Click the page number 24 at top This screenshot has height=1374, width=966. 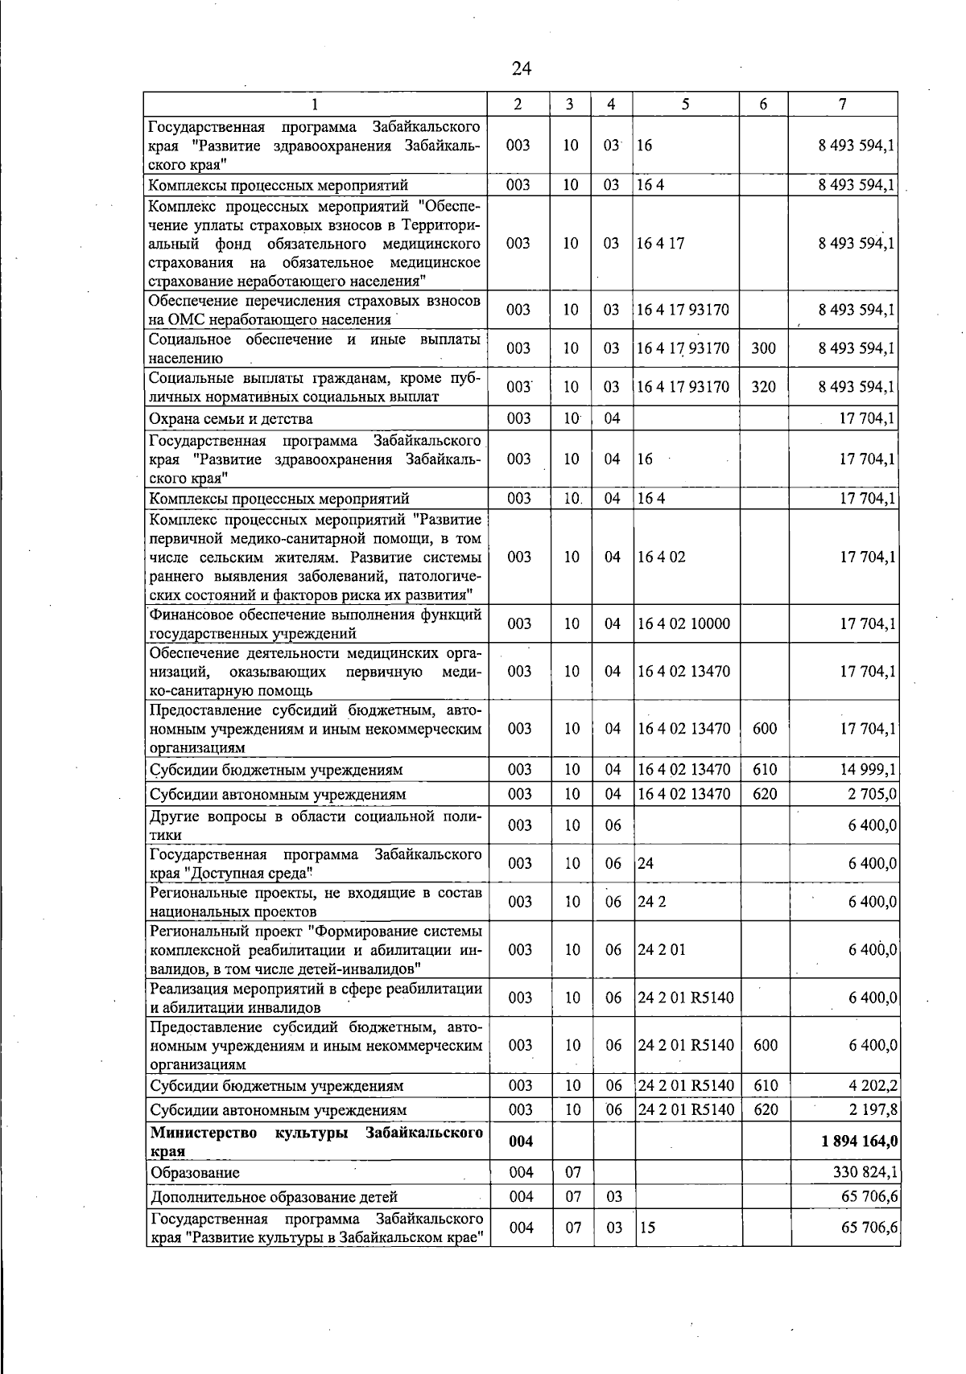pos(522,69)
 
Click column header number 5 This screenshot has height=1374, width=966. pos(685,105)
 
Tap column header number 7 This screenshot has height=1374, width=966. pos(842,105)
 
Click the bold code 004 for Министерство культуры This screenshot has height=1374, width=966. pos(521,1142)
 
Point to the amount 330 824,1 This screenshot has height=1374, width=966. pos(865,1173)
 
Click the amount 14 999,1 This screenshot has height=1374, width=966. pos(869,770)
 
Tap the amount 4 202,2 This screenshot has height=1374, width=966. pos(873,1086)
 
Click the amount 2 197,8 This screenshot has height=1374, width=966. pos(873,1110)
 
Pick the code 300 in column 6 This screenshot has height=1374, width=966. pos(763,348)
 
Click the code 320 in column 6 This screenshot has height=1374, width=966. pos(763,387)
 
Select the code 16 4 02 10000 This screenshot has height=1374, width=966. pos(683,623)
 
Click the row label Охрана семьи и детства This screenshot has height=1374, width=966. pos(232,418)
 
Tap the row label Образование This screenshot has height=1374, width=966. pos(195,1173)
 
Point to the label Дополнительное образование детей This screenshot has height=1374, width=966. pos(274,1197)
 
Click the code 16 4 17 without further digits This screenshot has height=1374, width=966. pos(660,244)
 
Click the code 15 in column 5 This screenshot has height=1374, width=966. pos(646,1228)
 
